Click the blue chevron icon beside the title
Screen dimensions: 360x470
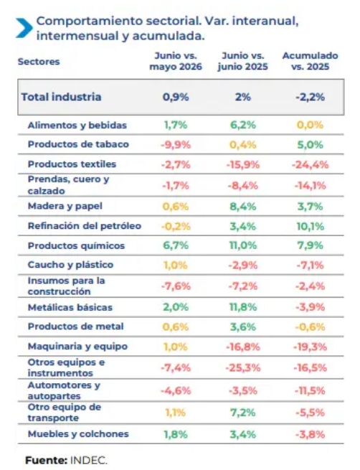tap(24, 28)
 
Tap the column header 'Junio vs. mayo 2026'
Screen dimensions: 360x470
tap(176, 61)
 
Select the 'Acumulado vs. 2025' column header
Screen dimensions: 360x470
tap(310, 61)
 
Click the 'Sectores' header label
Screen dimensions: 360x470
tap(39, 62)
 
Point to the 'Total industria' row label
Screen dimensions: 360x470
tap(61, 97)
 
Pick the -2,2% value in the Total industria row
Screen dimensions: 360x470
tap(310, 97)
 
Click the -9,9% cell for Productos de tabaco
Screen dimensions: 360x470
tap(176, 145)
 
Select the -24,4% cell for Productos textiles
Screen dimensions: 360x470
tap(310, 164)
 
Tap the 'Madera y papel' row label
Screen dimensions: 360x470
tap(65, 206)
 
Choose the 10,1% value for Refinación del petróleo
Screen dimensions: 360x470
tap(311, 226)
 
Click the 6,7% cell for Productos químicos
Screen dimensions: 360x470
tap(176, 245)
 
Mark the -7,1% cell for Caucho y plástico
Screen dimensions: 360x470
tap(310, 265)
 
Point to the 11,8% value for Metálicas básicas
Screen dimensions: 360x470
tap(243, 307)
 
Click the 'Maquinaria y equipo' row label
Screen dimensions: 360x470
tap(77, 347)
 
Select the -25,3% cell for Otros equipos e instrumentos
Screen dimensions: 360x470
tap(243, 368)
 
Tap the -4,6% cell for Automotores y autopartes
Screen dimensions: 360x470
tap(176, 390)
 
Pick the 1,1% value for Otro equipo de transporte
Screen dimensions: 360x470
tap(176, 413)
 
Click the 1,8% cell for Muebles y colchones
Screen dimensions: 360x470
tap(176, 434)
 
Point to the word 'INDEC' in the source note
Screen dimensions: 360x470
tap(88, 460)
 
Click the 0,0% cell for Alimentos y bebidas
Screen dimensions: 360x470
tap(310, 125)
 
